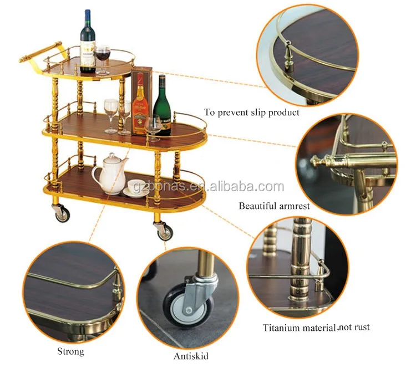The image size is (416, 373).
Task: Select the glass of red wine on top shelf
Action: pos(102,60)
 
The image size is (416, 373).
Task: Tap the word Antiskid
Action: pos(191,356)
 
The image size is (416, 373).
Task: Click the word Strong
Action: pos(70,351)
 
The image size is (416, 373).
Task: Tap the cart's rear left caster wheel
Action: pos(62,212)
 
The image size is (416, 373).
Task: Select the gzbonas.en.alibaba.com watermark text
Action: pos(209,186)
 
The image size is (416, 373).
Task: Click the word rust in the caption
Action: pos(362,328)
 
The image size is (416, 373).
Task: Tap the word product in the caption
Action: pos(283,113)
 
